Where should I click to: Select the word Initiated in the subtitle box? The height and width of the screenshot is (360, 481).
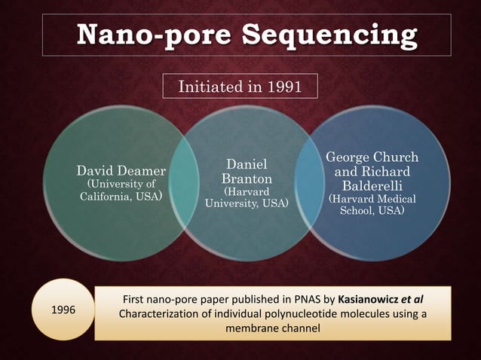click(213, 87)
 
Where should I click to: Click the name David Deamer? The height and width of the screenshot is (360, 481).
click(121, 171)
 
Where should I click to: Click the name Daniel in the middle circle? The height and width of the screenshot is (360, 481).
click(246, 163)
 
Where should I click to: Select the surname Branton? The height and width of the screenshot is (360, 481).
click(247, 178)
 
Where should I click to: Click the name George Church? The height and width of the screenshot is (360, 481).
click(372, 157)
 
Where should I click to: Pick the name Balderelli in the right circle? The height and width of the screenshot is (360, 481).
click(372, 185)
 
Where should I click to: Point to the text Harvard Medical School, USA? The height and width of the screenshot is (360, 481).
click(372, 205)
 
